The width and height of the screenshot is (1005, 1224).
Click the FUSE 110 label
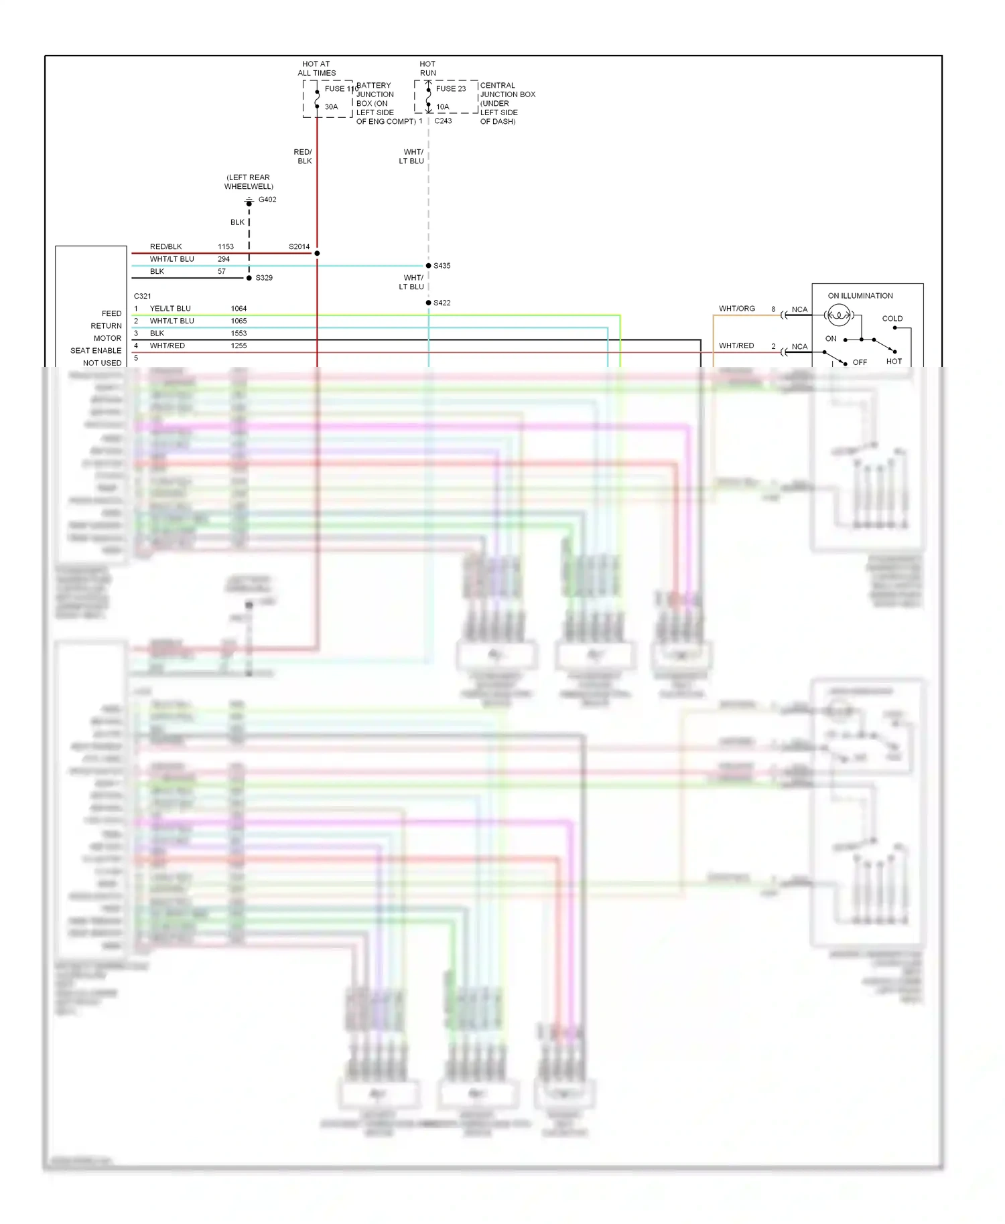[x=340, y=88]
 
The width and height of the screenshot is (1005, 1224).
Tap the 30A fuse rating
[x=331, y=106]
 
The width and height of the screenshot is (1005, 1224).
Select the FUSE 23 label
[x=450, y=88]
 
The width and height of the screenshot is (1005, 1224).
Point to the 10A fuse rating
[x=442, y=106]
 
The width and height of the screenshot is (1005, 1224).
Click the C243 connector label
[x=443, y=121]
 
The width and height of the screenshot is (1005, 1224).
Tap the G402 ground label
[x=267, y=200]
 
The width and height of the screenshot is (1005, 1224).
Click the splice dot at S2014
[x=317, y=253]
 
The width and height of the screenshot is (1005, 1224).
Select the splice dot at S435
[x=429, y=266]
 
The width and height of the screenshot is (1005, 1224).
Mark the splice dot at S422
[x=429, y=303]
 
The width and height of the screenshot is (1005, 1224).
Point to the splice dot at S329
[x=249, y=278]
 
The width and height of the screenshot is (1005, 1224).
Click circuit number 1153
[x=226, y=246]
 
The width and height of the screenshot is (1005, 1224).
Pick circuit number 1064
[x=239, y=309]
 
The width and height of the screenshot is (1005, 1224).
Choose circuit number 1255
[x=239, y=346]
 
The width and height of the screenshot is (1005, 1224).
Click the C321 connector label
[x=142, y=296]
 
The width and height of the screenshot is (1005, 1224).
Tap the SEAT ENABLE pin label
[x=96, y=350]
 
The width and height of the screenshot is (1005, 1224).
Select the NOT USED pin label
[x=102, y=363]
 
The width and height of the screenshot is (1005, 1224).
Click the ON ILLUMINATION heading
[x=860, y=295]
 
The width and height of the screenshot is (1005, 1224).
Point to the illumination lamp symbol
[x=839, y=315]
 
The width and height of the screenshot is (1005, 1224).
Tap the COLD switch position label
[x=892, y=319]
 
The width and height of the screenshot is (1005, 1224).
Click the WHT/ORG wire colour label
[x=736, y=309]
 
